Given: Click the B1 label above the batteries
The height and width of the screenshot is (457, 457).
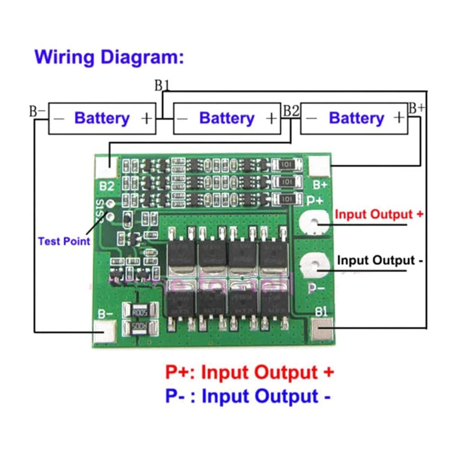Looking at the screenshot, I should (x=162, y=85).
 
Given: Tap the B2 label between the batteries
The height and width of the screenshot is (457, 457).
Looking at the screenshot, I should (x=291, y=111).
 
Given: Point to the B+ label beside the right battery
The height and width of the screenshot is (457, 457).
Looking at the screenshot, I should (x=416, y=108).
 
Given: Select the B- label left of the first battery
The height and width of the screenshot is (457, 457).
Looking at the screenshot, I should (x=37, y=111).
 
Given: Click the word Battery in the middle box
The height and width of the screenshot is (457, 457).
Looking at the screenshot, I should (x=227, y=118).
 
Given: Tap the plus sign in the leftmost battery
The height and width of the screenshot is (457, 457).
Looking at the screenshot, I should (x=146, y=118).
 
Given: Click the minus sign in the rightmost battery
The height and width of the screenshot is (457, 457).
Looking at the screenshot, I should (x=311, y=118).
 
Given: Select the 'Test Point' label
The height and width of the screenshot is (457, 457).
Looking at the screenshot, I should (x=64, y=241).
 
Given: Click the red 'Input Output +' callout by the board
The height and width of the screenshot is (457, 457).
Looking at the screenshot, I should (x=379, y=214).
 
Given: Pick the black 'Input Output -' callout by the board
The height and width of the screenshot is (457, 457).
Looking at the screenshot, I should (x=379, y=260).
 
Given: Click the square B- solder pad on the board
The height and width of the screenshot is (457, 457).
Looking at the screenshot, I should (x=104, y=330).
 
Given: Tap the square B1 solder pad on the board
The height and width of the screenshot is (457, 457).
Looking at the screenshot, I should (x=322, y=330).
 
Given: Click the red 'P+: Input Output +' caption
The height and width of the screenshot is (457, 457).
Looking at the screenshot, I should (x=250, y=372).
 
